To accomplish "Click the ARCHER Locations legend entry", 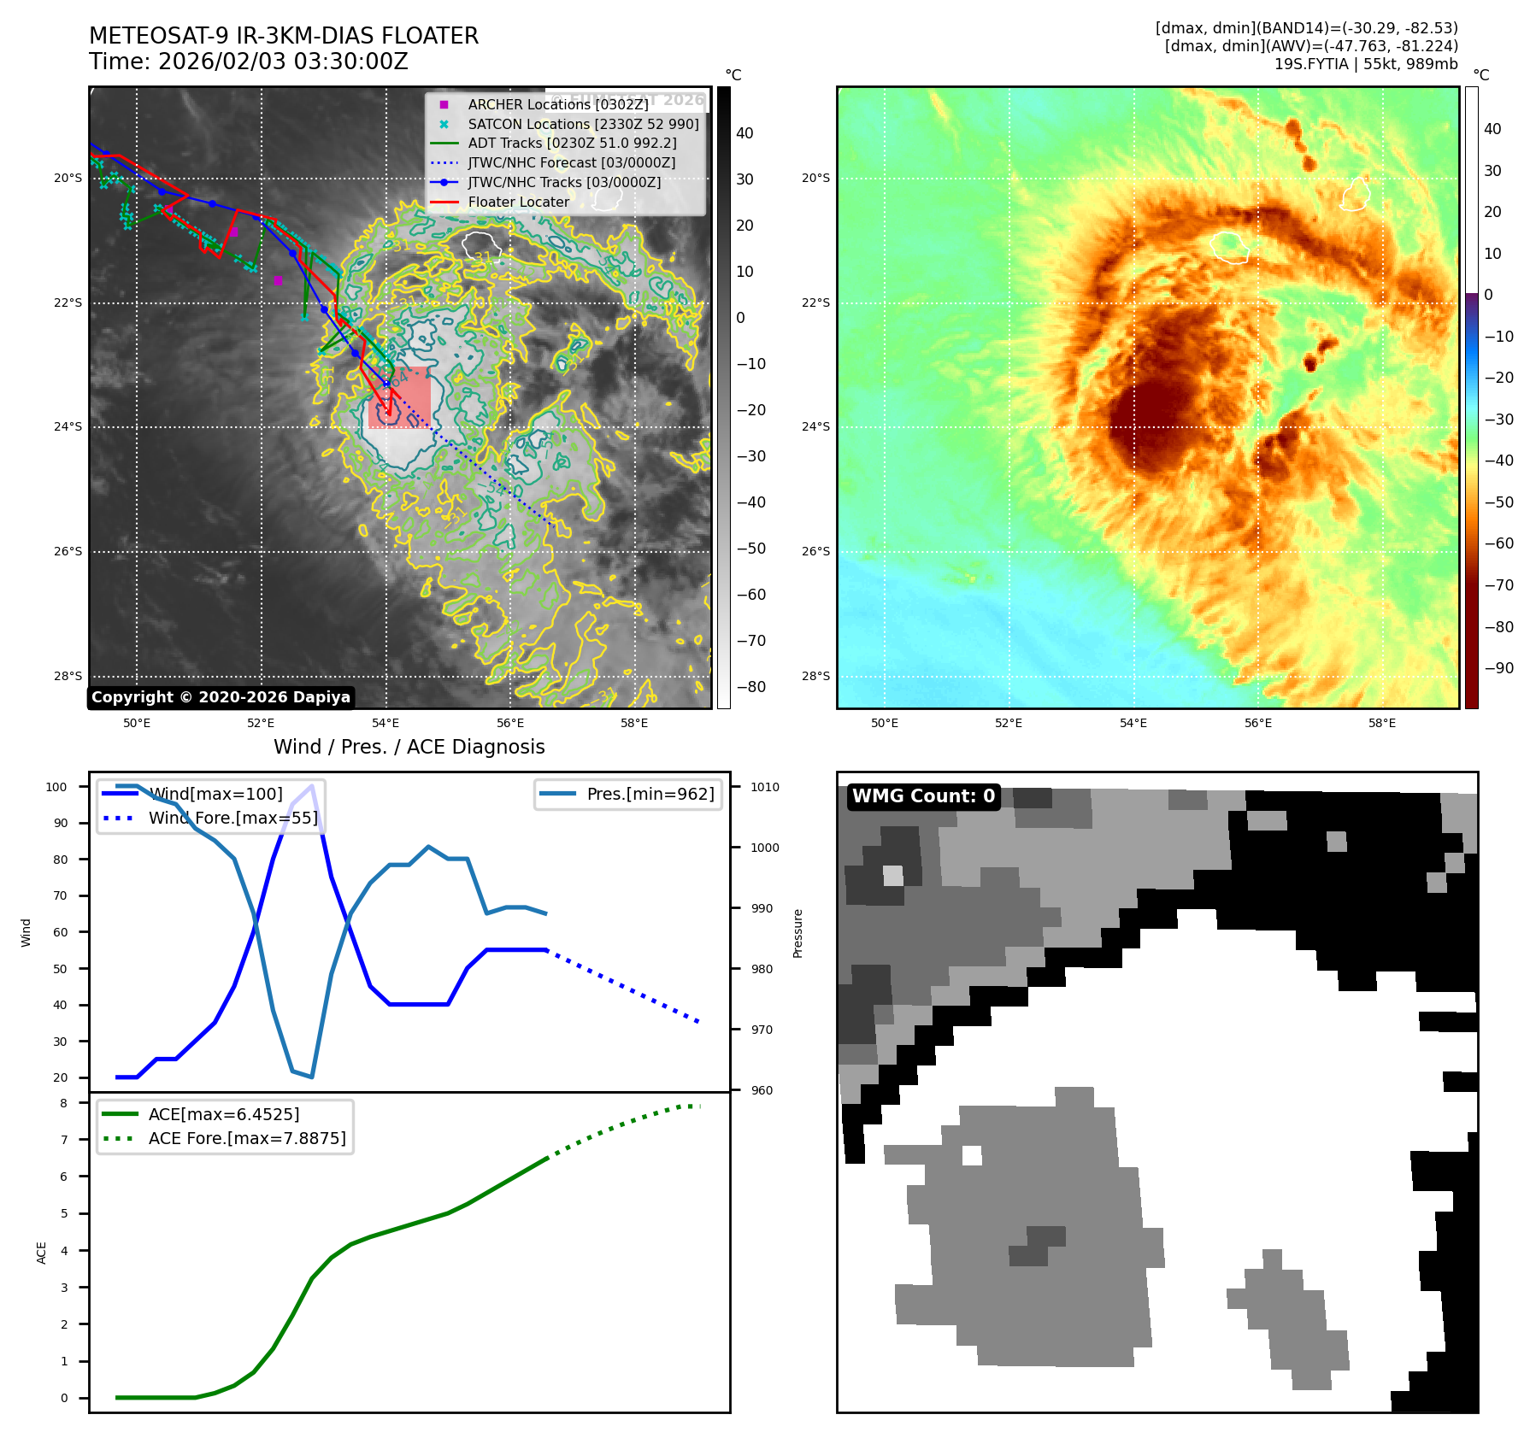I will click(557, 104).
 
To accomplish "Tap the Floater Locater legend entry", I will click(518, 202).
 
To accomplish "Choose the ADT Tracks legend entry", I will click(572, 144).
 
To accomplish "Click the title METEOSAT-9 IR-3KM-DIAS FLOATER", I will click(284, 36).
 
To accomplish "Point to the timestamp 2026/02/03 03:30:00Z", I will click(283, 62).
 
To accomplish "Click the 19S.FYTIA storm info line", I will click(1365, 64).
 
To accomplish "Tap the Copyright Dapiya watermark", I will click(221, 697).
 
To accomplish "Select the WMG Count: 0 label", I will click(923, 796).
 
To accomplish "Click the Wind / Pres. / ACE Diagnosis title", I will click(409, 747).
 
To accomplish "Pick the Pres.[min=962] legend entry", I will click(650, 794).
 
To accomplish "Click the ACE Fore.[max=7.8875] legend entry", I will click(246, 1138).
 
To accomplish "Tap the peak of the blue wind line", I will click(312, 786).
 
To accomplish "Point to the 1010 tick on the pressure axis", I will click(765, 787).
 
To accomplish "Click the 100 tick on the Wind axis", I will click(56, 787).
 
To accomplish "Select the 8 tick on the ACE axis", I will click(63, 1103).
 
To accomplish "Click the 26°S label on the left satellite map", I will click(68, 551).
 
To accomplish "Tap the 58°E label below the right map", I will click(1382, 723).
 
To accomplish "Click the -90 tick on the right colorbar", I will click(1498, 668).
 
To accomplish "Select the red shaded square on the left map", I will click(399, 397).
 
